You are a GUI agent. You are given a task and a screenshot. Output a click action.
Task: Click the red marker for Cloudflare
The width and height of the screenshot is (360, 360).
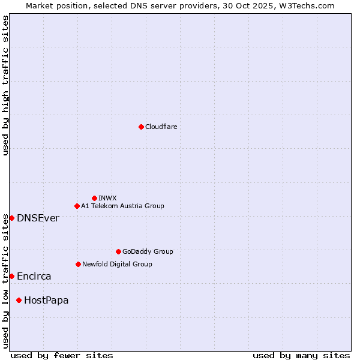pyautogui.click(x=141, y=127)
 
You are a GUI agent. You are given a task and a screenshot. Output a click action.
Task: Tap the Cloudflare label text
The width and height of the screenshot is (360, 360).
pyautogui.click(x=161, y=127)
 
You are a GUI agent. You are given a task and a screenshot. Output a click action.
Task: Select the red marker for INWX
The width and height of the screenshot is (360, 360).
pyautogui.click(x=94, y=198)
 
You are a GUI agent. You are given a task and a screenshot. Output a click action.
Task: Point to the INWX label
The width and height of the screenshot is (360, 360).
pyautogui.click(x=108, y=198)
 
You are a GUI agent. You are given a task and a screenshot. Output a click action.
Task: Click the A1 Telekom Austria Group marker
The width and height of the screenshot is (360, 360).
pyautogui.click(x=77, y=206)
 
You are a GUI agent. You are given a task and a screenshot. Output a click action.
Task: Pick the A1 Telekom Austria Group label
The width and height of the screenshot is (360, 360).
pyautogui.click(x=122, y=206)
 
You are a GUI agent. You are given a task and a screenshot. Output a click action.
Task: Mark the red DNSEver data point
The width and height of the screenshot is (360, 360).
pyautogui.click(x=11, y=218)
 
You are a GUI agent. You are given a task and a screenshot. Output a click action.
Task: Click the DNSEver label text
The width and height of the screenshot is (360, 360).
pyautogui.click(x=38, y=218)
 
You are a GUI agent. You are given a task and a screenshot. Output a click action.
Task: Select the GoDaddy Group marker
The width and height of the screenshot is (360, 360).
pyautogui.click(x=118, y=251)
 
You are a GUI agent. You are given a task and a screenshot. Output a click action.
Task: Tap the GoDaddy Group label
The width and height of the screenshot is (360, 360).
pyautogui.click(x=148, y=251)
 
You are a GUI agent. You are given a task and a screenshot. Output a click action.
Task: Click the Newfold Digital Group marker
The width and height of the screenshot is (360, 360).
pyautogui.click(x=78, y=264)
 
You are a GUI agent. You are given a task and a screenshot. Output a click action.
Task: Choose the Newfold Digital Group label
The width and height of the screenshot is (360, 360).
pyautogui.click(x=117, y=264)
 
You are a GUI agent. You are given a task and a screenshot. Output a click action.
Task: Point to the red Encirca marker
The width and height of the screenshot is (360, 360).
pyautogui.click(x=11, y=276)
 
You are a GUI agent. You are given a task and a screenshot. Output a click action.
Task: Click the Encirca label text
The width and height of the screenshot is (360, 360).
pyautogui.click(x=34, y=276)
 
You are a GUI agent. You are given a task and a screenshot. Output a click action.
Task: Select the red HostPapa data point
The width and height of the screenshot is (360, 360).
pyautogui.click(x=19, y=300)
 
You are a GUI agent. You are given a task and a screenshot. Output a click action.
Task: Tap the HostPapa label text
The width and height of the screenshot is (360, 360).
pyautogui.click(x=46, y=300)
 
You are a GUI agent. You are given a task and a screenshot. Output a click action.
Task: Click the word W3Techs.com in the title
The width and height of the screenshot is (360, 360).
pyautogui.click(x=309, y=5)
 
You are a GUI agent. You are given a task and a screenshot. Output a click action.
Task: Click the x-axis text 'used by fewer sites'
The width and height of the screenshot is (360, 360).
pyautogui.click(x=62, y=355)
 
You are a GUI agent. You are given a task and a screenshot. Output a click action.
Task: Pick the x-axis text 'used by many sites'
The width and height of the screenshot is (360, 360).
pyautogui.click(x=301, y=355)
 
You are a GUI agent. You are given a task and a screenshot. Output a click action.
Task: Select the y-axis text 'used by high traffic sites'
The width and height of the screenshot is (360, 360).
pyautogui.click(x=5, y=85)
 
